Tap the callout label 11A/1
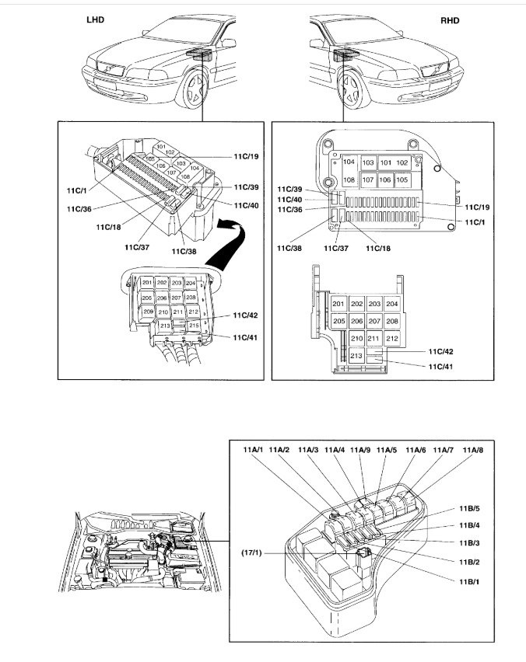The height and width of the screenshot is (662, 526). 254,449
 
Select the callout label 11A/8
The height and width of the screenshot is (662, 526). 472,449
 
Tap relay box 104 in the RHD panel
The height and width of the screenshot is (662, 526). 349,163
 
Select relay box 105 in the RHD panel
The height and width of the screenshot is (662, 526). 402,179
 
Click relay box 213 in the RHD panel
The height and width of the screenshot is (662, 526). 356,355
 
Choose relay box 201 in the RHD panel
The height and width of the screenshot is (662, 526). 338,304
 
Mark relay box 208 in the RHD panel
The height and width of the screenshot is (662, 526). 392,321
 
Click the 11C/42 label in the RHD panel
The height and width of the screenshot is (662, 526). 440,351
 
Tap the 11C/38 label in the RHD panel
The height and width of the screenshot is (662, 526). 287,248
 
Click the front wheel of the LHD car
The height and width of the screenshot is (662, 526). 192,92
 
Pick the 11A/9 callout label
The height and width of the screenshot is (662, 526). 360,449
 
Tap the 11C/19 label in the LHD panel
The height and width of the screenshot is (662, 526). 244,156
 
